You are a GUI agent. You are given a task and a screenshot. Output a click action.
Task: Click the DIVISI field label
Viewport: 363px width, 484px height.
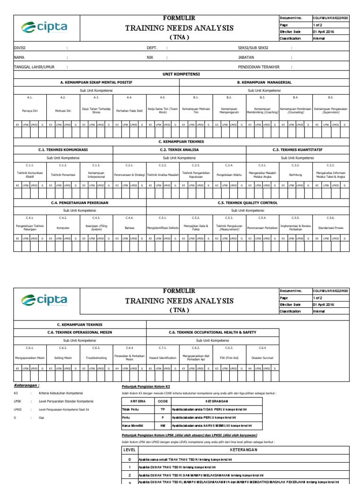point(19,48)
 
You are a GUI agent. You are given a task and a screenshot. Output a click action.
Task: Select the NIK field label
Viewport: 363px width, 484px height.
point(150,57)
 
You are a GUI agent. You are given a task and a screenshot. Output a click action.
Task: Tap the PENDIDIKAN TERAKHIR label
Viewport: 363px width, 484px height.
point(259,67)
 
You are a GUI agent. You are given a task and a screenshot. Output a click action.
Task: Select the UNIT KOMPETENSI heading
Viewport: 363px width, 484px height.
point(181,75)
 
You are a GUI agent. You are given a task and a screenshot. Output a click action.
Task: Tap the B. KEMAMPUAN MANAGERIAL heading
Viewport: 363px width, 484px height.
point(264,82)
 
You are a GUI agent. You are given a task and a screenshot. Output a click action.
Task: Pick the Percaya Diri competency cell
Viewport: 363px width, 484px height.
point(30,111)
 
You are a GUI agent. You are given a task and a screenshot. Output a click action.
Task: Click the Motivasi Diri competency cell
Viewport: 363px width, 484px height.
point(63,111)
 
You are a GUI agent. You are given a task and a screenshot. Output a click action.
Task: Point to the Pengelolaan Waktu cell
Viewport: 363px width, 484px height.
point(229,174)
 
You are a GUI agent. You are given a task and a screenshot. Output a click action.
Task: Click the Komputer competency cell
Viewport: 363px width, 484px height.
point(63,227)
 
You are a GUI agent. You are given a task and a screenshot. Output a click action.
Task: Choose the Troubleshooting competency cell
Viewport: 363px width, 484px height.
point(96,358)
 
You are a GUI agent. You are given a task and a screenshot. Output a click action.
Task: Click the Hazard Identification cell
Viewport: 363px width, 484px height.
point(163,358)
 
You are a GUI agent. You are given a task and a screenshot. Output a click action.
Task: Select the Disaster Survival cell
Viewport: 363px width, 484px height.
point(262,358)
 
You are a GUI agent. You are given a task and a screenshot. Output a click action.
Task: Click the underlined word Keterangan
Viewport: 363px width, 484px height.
point(26,385)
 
